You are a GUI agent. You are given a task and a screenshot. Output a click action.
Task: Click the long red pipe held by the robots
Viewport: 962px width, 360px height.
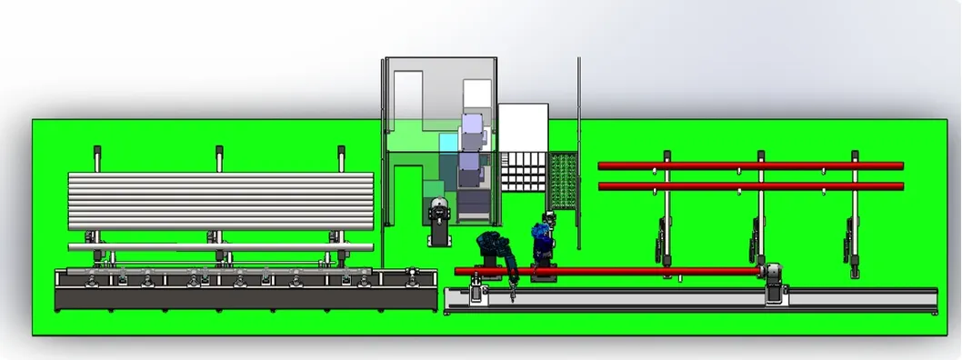point(636,271)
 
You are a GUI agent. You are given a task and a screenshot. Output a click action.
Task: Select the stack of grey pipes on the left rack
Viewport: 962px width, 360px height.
point(221,200)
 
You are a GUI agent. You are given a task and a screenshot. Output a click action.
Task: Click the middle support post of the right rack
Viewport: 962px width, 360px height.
point(759,209)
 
